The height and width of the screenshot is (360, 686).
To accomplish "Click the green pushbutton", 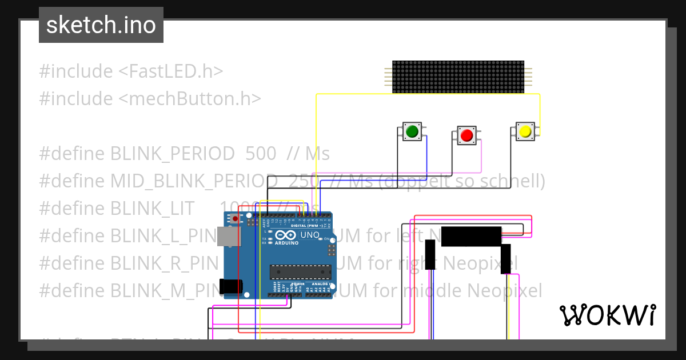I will tap(412, 132).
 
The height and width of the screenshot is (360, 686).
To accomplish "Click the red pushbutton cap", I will tap(466, 135).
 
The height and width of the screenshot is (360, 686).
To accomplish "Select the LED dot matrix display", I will tap(458, 77).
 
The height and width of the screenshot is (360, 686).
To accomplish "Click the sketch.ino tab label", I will tap(101, 25).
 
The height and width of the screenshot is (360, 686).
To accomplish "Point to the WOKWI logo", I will tap(607, 315).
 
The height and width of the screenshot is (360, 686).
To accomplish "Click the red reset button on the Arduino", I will tap(235, 218).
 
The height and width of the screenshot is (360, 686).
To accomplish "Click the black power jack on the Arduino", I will tap(230, 286).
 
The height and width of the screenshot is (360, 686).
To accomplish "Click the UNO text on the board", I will tap(310, 235).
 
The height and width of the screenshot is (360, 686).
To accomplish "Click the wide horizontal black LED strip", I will tap(471, 236).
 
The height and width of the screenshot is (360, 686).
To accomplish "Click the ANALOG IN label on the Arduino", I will tap(322, 283).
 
